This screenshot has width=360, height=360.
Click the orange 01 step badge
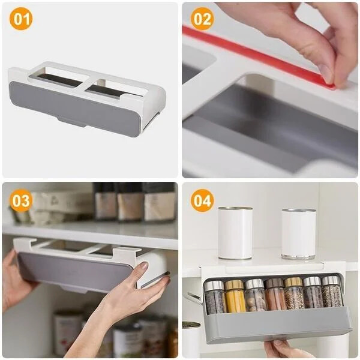pyautogui.click(x=21, y=19)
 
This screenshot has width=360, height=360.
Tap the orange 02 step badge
pyautogui.click(x=202, y=19)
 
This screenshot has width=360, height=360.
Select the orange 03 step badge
pyautogui.click(x=21, y=200)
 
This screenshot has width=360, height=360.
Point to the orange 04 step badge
pyautogui.click(x=202, y=200)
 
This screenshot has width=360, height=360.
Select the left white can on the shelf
pyautogui.click(x=235, y=233)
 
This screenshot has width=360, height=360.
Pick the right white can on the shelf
pyautogui.click(x=298, y=233)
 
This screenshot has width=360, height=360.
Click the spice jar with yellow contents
pyautogui.click(x=235, y=296)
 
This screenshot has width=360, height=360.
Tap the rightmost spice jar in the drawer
pyautogui.click(x=331, y=293)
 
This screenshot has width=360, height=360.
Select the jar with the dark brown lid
pyautogui.click(x=275, y=295)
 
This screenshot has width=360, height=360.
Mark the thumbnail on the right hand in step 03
pyautogui.click(x=143, y=266)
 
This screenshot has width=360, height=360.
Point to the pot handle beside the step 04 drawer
pyautogui.click(x=193, y=298)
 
